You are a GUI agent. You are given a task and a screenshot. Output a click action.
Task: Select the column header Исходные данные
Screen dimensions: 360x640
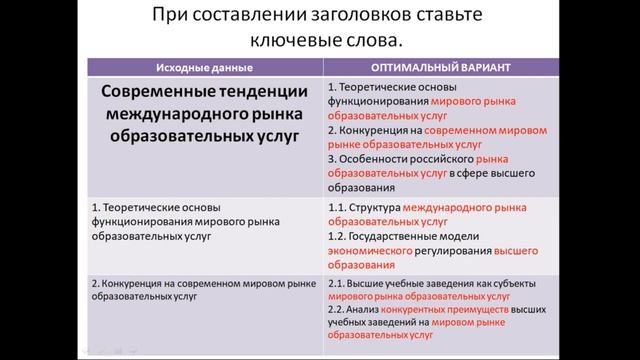(x=204, y=67)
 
